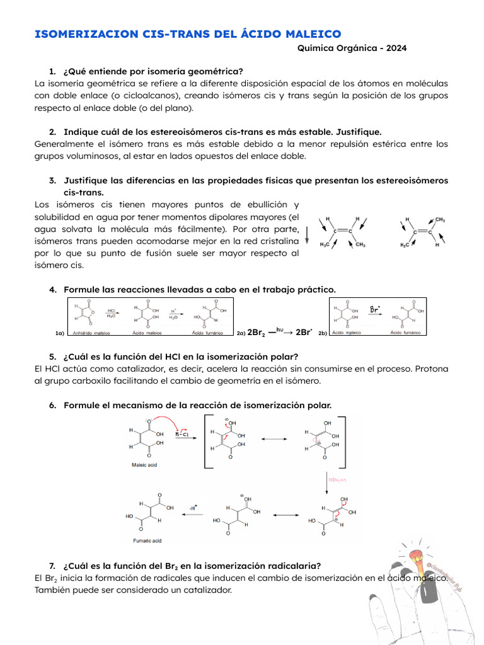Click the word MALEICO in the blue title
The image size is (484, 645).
[306, 34]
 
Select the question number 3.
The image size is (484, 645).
[52, 181]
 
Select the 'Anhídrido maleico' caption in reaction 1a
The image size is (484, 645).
[93, 333]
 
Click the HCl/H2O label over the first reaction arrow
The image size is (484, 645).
[111, 312]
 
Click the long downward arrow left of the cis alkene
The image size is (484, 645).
[307, 235]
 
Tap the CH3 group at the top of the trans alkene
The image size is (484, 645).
[440, 220]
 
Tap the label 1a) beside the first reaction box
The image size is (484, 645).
[60, 333]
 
